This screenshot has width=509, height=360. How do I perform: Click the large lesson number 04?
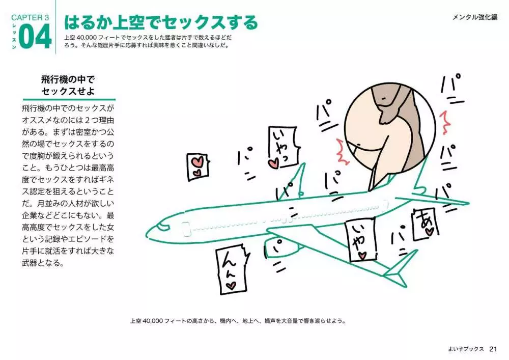(35, 37)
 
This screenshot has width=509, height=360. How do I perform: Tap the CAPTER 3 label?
(30, 17)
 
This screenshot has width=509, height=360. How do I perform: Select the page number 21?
(493, 349)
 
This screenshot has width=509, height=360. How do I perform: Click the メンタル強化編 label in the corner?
(475, 17)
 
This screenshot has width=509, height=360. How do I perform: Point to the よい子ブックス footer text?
(466, 349)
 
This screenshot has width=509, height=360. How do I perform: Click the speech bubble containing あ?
(425, 224)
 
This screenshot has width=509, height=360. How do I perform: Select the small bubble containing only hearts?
(198, 167)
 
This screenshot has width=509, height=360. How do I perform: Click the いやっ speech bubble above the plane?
(282, 147)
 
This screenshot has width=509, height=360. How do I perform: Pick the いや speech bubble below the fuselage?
(361, 240)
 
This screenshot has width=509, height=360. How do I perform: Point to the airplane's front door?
(185, 229)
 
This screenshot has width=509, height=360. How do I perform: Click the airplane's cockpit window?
(162, 226)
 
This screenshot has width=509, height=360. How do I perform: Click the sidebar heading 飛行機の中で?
(68, 79)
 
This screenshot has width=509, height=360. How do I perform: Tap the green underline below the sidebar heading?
(69, 99)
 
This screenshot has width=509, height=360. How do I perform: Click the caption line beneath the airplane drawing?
(238, 321)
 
